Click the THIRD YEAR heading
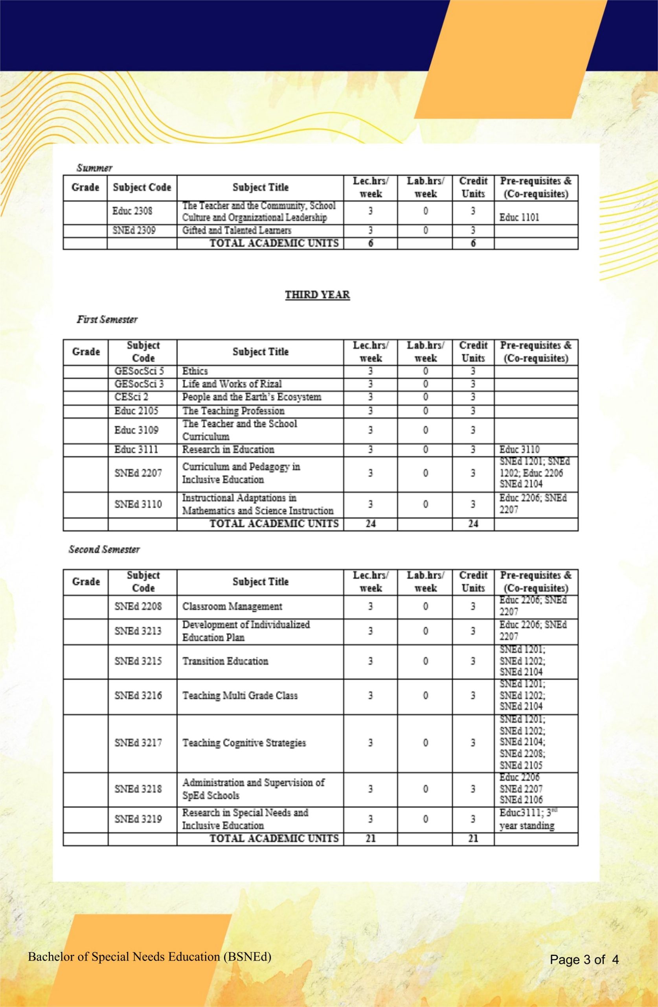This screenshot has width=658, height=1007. coord(317,295)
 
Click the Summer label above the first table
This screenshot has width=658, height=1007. coord(94,168)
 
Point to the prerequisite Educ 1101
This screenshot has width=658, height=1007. coord(519,218)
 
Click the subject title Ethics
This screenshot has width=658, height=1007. coord(195,371)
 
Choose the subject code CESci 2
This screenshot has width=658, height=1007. coord(131,397)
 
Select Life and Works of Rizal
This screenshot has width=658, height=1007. coord(232,384)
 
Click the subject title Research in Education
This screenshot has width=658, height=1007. coord(228,449)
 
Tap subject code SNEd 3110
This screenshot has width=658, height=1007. coord(138,504)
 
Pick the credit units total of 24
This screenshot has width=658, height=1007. coord(473,524)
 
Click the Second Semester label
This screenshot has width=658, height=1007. coord(104,550)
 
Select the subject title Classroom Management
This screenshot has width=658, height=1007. coord(232,606)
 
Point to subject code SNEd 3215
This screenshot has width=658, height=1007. coord(138,661)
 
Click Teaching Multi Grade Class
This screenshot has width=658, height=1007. coord(240,695)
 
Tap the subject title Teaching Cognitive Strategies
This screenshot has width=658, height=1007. coord(244,743)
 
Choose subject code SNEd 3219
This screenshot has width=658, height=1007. coord(138,819)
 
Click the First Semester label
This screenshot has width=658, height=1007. coord(107,319)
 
